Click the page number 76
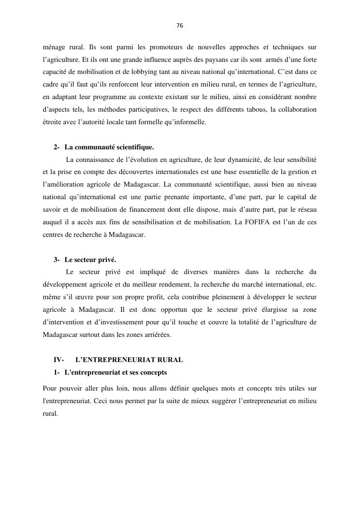pyautogui.click(x=180, y=26)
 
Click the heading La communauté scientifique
pyautogui.click(x=109, y=147)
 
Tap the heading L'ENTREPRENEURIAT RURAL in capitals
pyautogui.click(x=129, y=360)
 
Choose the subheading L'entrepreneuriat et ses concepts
pyautogui.click(x=115, y=372)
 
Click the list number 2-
pyautogui.click(x=57, y=147)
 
